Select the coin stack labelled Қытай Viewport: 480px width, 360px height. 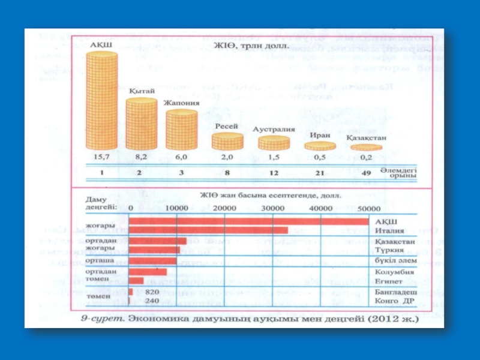[142, 123]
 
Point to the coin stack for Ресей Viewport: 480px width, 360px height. [227, 142]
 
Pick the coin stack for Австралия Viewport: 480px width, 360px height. [273, 143]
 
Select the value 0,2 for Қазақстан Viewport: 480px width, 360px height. [365, 157]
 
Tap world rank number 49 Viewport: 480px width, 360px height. [365, 173]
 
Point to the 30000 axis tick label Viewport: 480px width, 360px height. [274, 208]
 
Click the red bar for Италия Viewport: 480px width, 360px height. [208, 230]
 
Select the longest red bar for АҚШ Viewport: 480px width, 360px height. [249, 221]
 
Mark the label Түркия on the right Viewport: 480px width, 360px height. [386, 250]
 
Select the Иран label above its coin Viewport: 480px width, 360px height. [319, 135]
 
